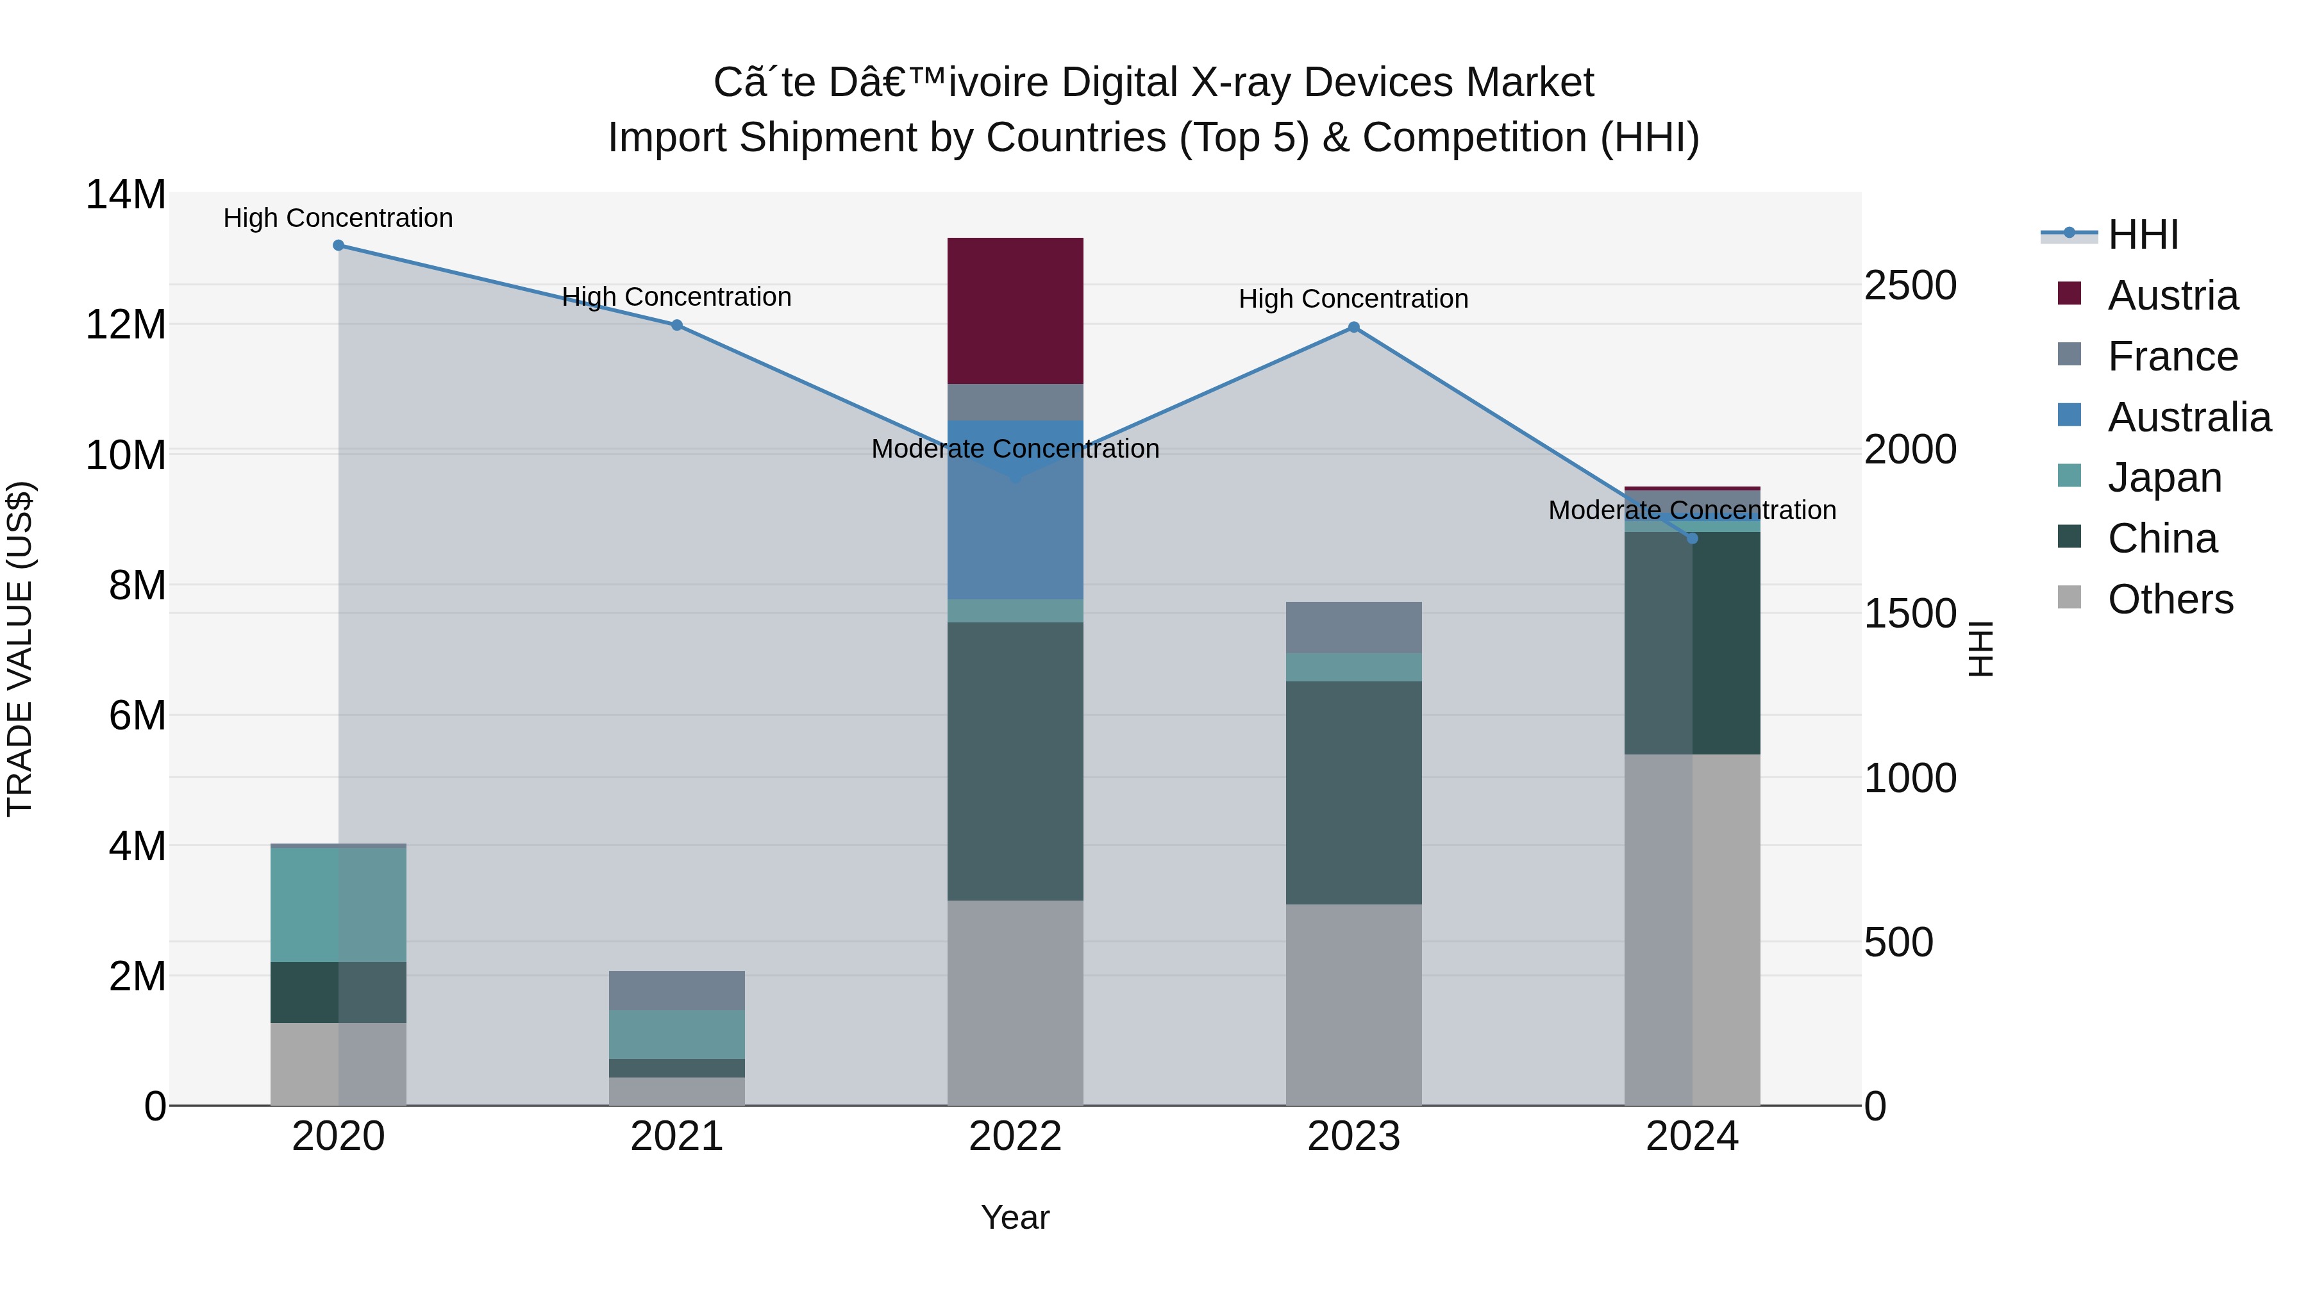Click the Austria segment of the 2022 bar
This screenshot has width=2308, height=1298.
[1015, 310]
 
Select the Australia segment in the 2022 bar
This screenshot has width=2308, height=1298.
[1015, 538]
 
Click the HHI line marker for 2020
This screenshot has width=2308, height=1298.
[338, 245]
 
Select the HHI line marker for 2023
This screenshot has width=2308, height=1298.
[1354, 328]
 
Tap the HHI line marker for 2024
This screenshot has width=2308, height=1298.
[1692, 538]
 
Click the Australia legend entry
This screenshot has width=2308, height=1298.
[2189, 417]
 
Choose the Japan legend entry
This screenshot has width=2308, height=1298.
[2164, 478]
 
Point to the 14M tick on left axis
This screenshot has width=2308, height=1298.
[126, 196]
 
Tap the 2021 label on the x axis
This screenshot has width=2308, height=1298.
[676, 1136]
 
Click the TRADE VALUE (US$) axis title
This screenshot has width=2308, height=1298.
[21, 649]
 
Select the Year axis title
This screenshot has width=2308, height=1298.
[1015, 1217]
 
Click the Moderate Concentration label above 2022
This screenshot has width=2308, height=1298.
[1015, 449]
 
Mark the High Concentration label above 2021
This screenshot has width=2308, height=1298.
[676, 297]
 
